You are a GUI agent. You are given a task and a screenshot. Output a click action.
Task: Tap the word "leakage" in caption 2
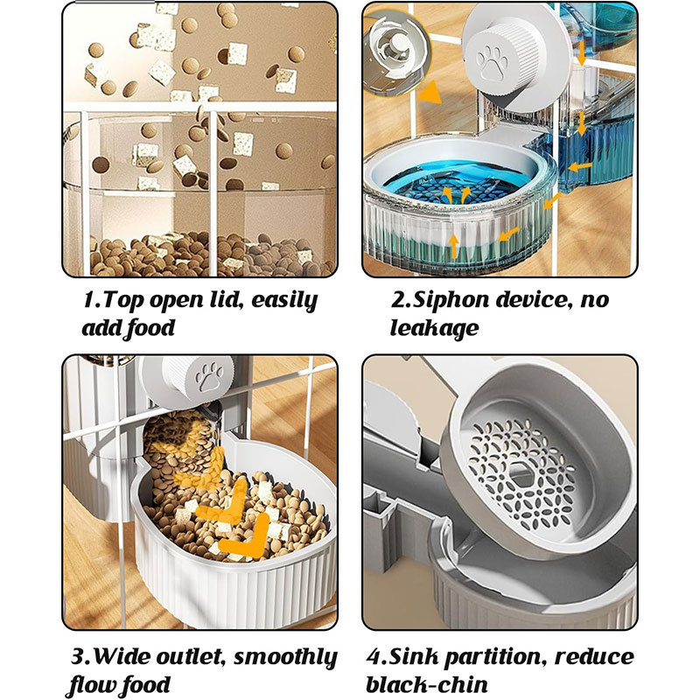tap(434, 329)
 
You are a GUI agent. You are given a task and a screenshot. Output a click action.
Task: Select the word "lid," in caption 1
tap(227, 300)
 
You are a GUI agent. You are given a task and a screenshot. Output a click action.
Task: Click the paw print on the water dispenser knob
tap(492, 60)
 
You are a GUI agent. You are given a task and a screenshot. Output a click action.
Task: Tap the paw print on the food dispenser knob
tap(209, 376)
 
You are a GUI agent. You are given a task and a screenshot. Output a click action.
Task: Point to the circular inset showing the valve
tap(397, 51)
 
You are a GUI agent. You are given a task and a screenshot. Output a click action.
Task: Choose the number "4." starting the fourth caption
tap(377, 658)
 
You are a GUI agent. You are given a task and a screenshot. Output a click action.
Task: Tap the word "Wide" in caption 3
tap(122, 658)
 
